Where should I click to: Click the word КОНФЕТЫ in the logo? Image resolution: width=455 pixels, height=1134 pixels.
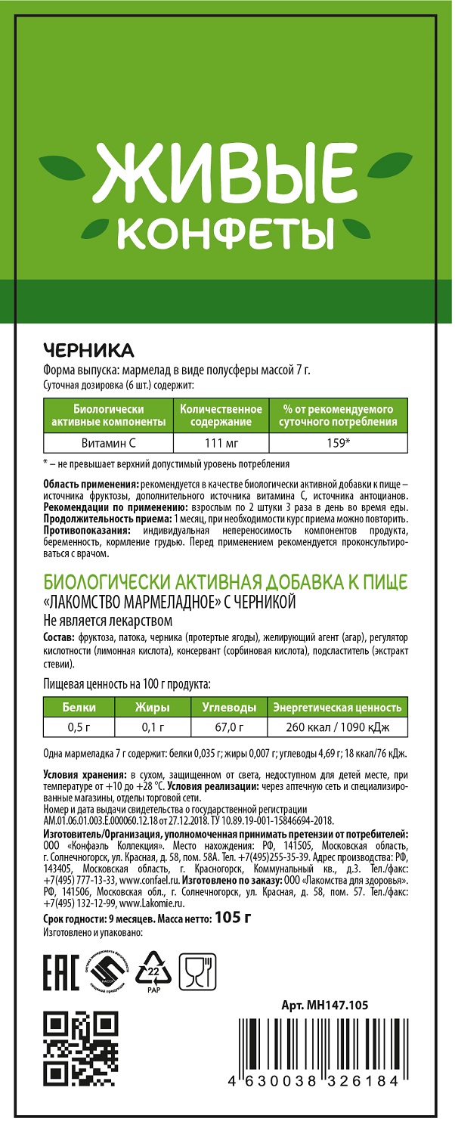[x=227, y=235]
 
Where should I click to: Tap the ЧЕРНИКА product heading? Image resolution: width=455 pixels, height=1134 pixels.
[x=88, y=351]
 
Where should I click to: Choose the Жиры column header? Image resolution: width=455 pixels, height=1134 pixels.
[x=152, y=708]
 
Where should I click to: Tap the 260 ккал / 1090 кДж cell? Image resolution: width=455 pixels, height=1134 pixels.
[x=337, y=728]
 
